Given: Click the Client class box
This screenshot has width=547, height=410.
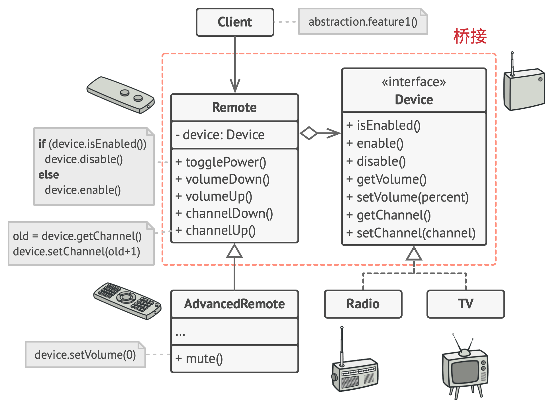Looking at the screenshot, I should [x=235, y=22].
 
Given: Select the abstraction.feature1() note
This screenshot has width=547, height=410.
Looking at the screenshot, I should [x=363, y=22].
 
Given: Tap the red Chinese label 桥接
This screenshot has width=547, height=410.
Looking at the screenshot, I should [x=470, y=36].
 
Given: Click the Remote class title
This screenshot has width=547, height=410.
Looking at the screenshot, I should [x=234, y=107].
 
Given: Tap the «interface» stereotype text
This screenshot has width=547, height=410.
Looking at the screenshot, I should [x=414, y=82].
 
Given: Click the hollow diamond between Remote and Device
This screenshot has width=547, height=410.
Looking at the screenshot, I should [x=309, y=133].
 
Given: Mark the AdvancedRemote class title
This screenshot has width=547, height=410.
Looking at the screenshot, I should [x=234, y=304].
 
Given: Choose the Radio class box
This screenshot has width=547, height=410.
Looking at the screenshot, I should [x=363, y=304].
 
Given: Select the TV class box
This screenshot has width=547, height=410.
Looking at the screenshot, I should [x=466, y=304].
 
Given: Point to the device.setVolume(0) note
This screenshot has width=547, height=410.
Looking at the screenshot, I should [x=85, y=355].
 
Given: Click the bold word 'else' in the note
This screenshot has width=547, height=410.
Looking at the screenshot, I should [x=49, y=175].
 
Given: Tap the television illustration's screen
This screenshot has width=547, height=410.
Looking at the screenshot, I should [x=465, y=371].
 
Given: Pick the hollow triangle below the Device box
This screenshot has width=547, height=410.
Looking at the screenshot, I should [x=414, y=254].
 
